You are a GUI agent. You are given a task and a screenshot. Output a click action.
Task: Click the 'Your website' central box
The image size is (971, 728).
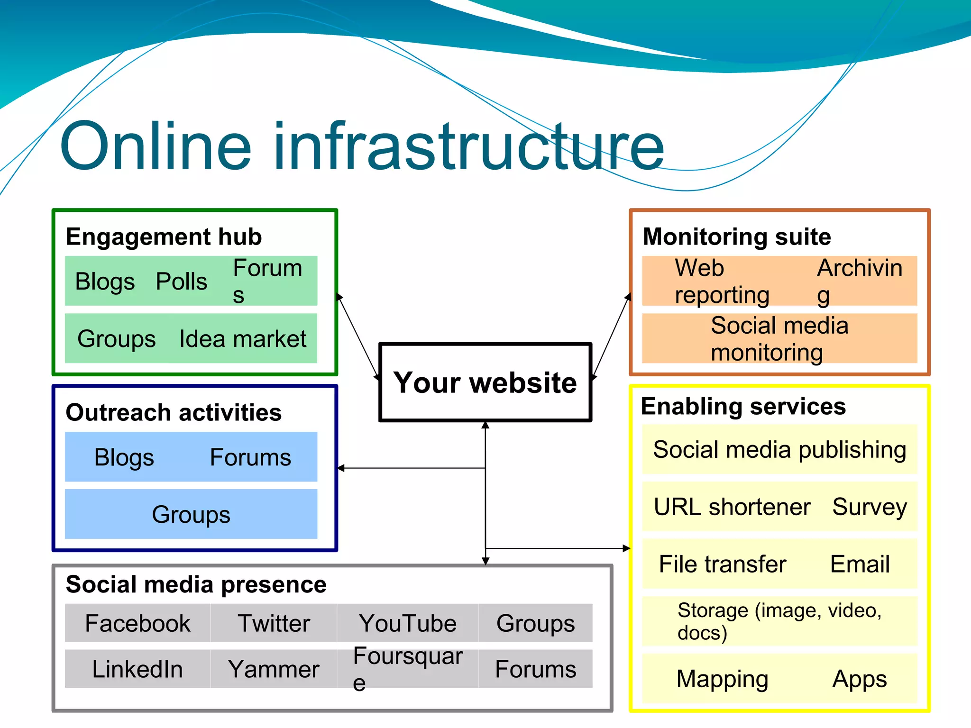[x=485, y=382]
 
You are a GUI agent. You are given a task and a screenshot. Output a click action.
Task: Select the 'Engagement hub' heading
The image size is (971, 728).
[x=164, y=237]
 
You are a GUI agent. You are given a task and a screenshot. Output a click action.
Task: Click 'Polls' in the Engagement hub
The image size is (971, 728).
[x=181, y=282]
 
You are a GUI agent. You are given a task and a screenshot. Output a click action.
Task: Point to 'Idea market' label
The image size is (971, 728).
[x=242, y=339]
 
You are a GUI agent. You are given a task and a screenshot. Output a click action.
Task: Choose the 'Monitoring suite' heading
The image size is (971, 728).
[x=737, y=237]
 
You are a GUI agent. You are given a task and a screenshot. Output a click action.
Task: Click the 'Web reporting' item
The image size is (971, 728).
[x=722, y=281]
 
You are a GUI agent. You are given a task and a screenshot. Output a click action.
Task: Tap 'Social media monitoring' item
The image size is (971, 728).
[x=779, y=338]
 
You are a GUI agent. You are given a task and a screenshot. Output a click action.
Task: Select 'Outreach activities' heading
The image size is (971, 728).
[x=174, y=412]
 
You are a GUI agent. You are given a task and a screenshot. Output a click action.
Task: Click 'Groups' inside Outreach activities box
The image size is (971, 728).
[x=191, y=514]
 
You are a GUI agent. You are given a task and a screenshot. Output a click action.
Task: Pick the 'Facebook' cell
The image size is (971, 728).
[x=137, y=623]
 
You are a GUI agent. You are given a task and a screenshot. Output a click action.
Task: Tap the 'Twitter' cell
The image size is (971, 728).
[x=274, y=623]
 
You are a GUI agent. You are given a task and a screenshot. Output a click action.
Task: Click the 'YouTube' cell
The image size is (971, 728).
[x=408, y=623]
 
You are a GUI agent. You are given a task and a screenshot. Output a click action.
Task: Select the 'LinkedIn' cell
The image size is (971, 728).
[x=137, y=669]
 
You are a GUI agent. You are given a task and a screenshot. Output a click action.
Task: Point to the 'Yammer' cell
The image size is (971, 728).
[x=274, y=669]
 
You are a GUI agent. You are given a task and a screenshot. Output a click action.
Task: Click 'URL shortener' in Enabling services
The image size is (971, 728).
[x=732, y=507]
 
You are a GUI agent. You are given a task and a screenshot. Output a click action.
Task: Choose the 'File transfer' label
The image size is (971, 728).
[x=723, y=564]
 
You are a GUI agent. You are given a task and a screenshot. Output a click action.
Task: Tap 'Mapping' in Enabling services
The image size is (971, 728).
[x=722, y=679]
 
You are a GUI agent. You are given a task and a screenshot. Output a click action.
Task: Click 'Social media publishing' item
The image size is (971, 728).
[x=779, y=449]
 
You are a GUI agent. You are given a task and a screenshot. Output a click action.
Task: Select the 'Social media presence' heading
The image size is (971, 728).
[x=196, y=584]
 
